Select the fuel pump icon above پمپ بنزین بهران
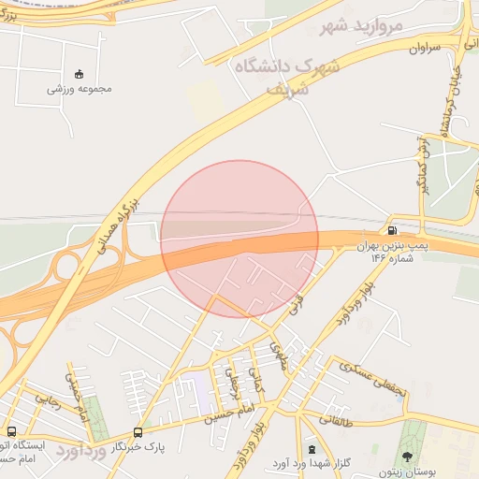tap(391, 230)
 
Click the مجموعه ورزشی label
tap(80, 89)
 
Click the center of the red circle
tap(239, 239)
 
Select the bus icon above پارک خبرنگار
tap(138, 432)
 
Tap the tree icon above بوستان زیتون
tap(407, 456)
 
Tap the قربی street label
tap(303, 308)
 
